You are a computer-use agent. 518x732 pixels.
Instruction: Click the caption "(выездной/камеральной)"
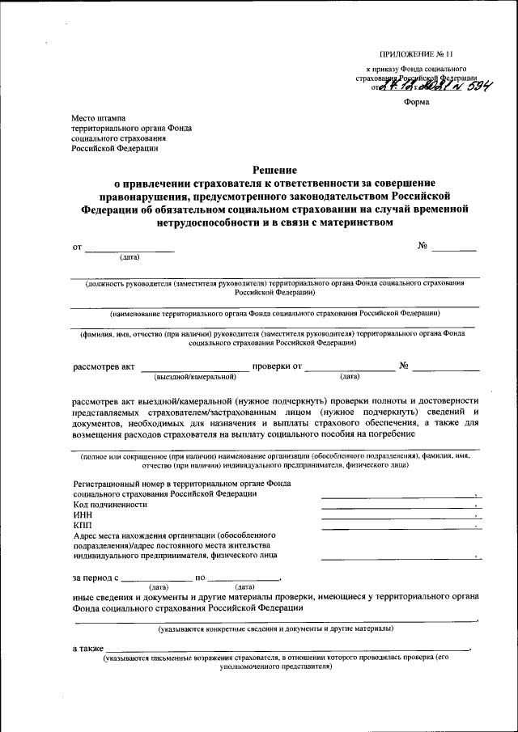(x=195, y=376)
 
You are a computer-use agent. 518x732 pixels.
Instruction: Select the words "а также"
(x=87, y=649)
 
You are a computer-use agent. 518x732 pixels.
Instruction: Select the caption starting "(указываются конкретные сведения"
(x=275, y=628)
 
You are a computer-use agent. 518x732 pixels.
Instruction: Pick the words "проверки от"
(x=277, y=366)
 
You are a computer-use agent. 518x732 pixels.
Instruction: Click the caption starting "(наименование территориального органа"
(x=275, y=311)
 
